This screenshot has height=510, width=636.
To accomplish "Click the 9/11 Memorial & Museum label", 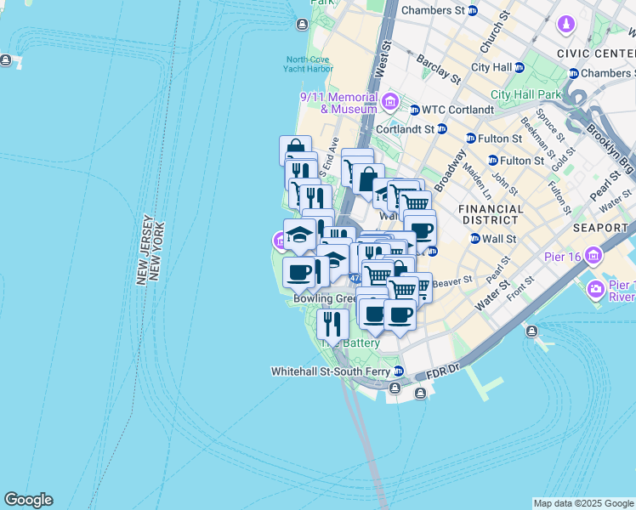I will coord(338,103).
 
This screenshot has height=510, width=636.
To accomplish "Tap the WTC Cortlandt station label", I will coord(457,110).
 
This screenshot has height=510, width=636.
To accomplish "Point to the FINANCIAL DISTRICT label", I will coord(491,214).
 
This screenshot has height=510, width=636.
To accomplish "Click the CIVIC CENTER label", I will coord(596,53).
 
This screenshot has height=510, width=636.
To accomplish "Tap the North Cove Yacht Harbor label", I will coord(309,65).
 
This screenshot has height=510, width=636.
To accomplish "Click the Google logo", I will coord(28,500).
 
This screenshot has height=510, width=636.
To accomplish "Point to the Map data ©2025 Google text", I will coord(583,503).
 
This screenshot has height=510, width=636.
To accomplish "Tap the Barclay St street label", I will coord(439,69).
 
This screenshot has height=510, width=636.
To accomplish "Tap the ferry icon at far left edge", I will coord(7,60).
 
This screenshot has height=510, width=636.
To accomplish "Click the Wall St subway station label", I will coord(499,239).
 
